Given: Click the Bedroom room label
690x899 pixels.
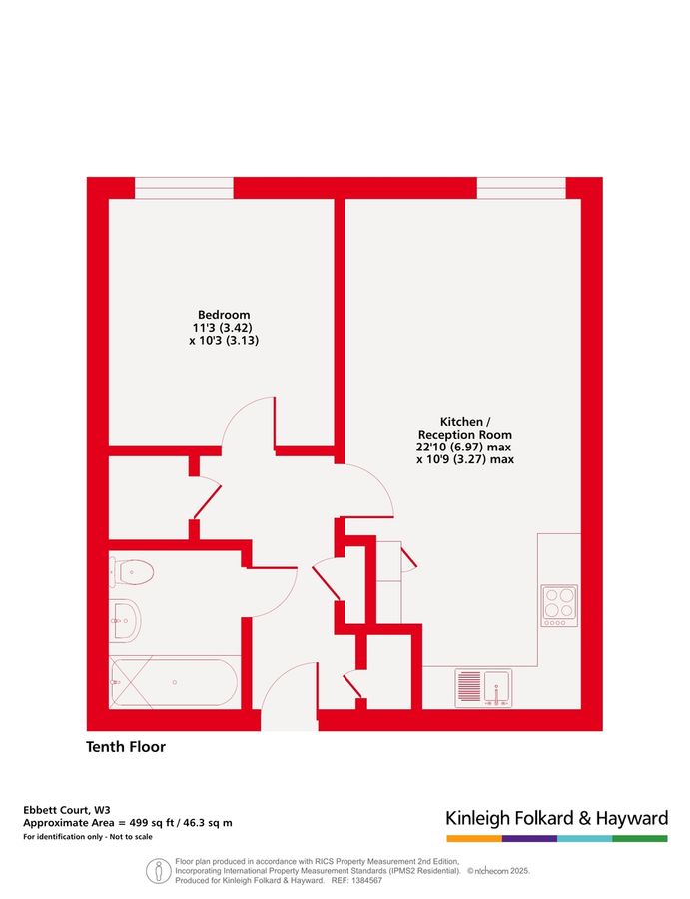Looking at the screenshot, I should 224,315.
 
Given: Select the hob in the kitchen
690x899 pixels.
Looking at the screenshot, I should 559,605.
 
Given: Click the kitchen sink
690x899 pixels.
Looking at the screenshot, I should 483,688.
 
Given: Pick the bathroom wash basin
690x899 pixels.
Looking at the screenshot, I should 127,621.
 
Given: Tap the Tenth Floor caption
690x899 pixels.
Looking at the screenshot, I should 126,746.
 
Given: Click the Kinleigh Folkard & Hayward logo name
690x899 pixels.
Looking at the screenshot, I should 556,819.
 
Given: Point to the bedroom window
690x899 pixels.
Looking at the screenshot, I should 184,188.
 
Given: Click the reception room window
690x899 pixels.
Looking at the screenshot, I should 521,188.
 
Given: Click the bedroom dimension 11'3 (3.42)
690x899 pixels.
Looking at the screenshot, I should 224,328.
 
